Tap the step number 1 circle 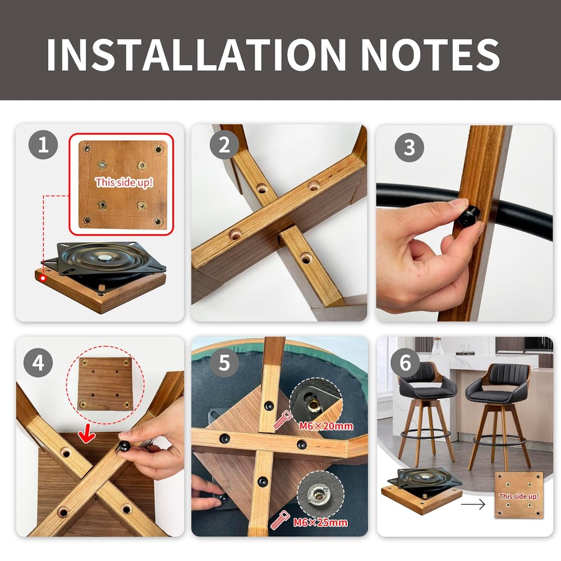point(43,145)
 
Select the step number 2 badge point(224,145)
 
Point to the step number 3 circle point(410,148)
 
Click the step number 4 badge point(38,362)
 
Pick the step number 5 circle point(224,362)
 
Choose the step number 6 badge point(405,362)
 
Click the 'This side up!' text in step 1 point(124,182)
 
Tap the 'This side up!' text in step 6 point(519,496)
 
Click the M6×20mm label point(326,426)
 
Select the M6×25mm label point(320,522)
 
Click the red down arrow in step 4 point(87,437)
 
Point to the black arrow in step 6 point(472,504)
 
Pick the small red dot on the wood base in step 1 point(43,278)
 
